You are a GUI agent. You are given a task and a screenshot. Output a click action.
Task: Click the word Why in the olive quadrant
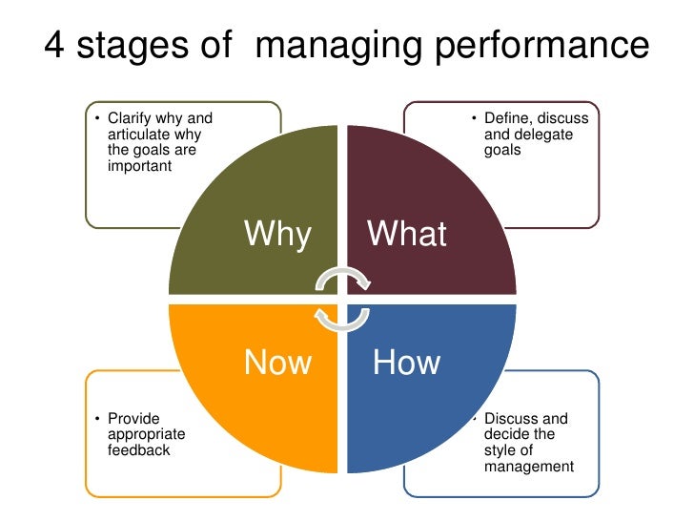(277, 234)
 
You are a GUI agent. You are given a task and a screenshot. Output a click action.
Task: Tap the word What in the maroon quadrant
(407, 234)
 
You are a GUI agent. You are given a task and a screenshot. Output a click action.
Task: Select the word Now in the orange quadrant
(277, 363)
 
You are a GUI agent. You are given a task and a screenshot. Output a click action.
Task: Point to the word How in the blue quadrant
(406, 363)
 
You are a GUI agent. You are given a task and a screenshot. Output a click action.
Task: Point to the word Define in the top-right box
(507, 118)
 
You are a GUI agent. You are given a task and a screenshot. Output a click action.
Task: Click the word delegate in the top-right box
(545, 135)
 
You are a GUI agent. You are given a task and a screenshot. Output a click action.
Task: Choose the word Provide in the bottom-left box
(133, 419)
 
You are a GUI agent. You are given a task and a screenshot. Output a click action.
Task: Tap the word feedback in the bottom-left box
(139, 449)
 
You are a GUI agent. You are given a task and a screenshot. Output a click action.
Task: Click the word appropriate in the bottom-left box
(147, 434)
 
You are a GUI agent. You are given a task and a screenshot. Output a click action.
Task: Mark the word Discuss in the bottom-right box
(513, 419)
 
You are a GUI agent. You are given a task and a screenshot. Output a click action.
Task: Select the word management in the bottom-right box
(529, 467)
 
